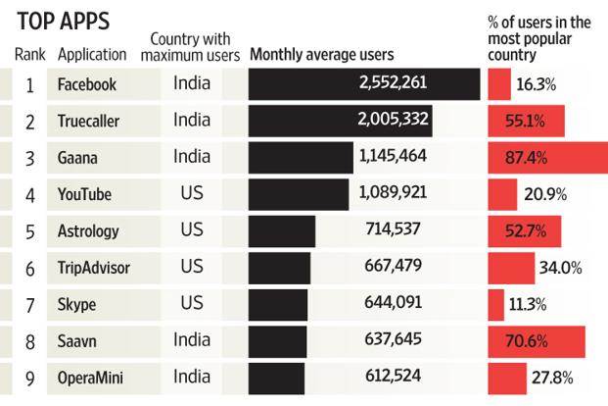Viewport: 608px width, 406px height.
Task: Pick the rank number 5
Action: (x=30, y=231)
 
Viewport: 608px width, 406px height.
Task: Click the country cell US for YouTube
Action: (x=192, y=193)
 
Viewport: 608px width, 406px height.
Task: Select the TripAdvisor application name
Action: (x=94, y=268)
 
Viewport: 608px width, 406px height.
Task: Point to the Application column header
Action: (x=92, y=55)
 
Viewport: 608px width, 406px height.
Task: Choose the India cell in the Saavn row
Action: (x=192, y=339)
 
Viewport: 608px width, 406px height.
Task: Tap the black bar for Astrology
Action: (x=282, y=231)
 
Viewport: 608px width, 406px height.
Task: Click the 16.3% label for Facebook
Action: (x=536, y=84)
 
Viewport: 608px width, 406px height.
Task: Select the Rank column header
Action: (x=30, y=55)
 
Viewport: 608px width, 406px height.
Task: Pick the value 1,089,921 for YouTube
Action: (x=393, y=194)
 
